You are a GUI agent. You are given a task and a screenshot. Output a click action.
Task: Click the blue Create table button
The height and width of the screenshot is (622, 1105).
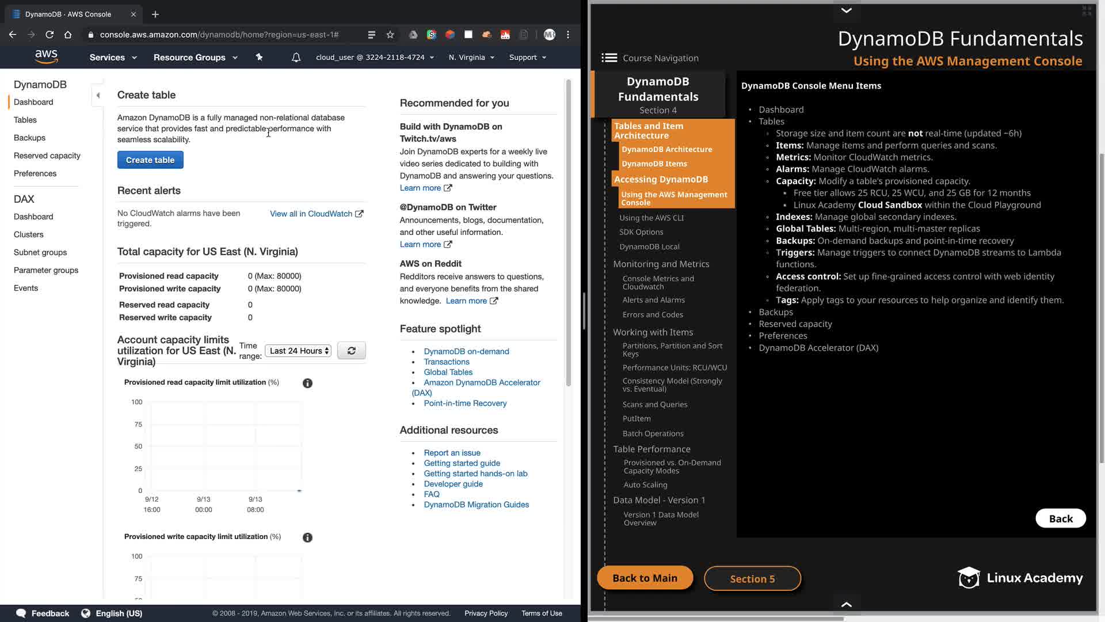(150, 160)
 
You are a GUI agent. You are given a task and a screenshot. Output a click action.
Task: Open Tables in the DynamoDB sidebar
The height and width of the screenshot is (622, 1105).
(25, 120)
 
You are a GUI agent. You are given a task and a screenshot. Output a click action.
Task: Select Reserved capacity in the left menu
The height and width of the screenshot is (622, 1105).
(47, 155)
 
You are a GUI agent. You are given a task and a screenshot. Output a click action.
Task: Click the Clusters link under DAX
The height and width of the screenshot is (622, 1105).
(29, 234)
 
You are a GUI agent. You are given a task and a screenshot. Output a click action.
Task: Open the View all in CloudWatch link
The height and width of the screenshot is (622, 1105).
(317, 214)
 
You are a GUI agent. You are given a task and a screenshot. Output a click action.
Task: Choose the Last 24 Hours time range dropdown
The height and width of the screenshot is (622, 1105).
(298, 351)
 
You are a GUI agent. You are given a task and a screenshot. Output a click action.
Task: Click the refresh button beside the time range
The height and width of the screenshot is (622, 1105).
(352, 351)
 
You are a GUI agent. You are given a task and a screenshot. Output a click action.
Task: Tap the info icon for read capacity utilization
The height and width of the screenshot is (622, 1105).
(307, 383)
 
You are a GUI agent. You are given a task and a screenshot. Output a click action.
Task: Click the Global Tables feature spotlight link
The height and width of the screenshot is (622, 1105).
(448, 372)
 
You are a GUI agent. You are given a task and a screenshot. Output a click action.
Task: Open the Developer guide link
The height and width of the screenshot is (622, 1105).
(454, 484)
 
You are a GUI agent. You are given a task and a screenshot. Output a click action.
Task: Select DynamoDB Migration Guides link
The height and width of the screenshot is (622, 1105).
(477, 505)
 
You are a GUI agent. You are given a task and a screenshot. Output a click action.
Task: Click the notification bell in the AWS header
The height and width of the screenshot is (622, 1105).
(296, 58)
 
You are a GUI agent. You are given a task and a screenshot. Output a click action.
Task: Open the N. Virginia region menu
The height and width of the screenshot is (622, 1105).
(471, 58)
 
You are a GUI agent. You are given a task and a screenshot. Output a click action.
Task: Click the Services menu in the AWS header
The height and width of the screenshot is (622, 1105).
(113, 58)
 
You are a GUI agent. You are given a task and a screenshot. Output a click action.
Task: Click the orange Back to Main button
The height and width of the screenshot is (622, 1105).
(645, 578)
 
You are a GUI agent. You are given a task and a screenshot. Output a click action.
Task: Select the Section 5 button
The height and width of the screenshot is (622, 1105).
(753, 579)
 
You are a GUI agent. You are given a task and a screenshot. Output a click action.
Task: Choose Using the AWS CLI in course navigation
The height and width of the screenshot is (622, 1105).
(651, 218)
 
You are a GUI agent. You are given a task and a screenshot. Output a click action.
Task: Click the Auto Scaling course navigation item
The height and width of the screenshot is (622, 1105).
(646, 485)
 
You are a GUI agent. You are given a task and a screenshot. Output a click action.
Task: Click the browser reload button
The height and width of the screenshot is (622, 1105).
(49, 35)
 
